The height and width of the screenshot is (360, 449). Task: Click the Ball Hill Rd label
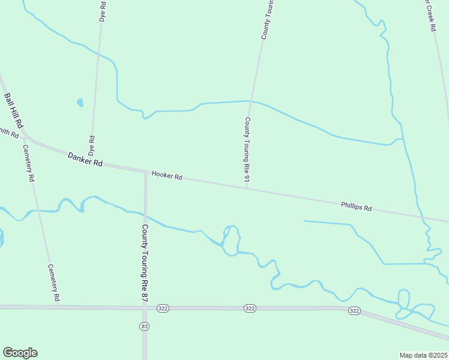13,110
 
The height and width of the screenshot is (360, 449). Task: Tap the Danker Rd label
85,159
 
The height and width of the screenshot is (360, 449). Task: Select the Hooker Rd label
167,175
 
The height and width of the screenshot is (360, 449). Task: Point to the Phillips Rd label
357,207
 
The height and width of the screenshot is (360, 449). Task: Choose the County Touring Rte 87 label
145,255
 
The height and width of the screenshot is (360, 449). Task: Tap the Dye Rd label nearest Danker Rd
92,146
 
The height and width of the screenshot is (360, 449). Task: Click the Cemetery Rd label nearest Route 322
53,283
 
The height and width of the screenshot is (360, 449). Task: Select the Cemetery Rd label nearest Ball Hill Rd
28,163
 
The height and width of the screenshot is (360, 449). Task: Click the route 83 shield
145,326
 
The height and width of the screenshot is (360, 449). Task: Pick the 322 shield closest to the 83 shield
162,308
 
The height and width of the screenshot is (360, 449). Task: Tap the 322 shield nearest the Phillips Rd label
354,310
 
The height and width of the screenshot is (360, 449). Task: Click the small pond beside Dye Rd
80,103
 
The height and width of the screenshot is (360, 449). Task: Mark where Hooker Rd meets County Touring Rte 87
145,172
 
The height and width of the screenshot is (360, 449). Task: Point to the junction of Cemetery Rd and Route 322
58,307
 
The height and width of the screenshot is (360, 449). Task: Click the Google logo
20,353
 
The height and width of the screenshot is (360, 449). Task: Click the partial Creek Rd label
429,16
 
